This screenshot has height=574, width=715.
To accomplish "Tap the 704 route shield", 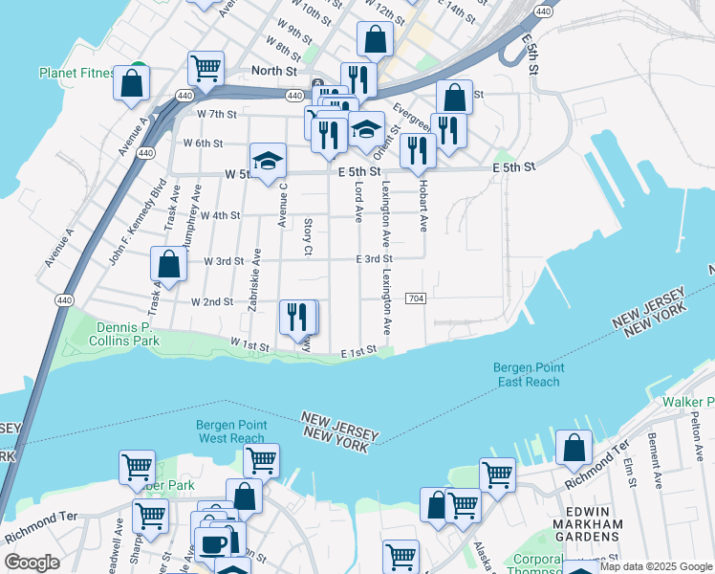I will pos(414,299).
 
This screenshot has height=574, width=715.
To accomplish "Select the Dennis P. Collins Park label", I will pos(126,333).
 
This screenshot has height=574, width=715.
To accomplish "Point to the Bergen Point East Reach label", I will pos(529,374).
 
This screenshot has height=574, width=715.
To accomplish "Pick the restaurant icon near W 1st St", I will pos(297,317).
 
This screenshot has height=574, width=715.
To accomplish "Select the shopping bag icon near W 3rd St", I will pos(168,265).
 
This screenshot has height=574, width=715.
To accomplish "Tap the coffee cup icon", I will pos(212,543).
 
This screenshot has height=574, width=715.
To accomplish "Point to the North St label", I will pos(273,71).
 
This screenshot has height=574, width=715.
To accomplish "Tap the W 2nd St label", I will pos(212,301).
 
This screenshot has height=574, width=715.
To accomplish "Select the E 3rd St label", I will pos(374,259).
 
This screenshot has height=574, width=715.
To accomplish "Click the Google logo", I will pos(32,563).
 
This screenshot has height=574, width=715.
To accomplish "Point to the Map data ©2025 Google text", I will pos(656,566).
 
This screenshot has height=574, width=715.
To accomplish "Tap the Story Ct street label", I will pos(308,236).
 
